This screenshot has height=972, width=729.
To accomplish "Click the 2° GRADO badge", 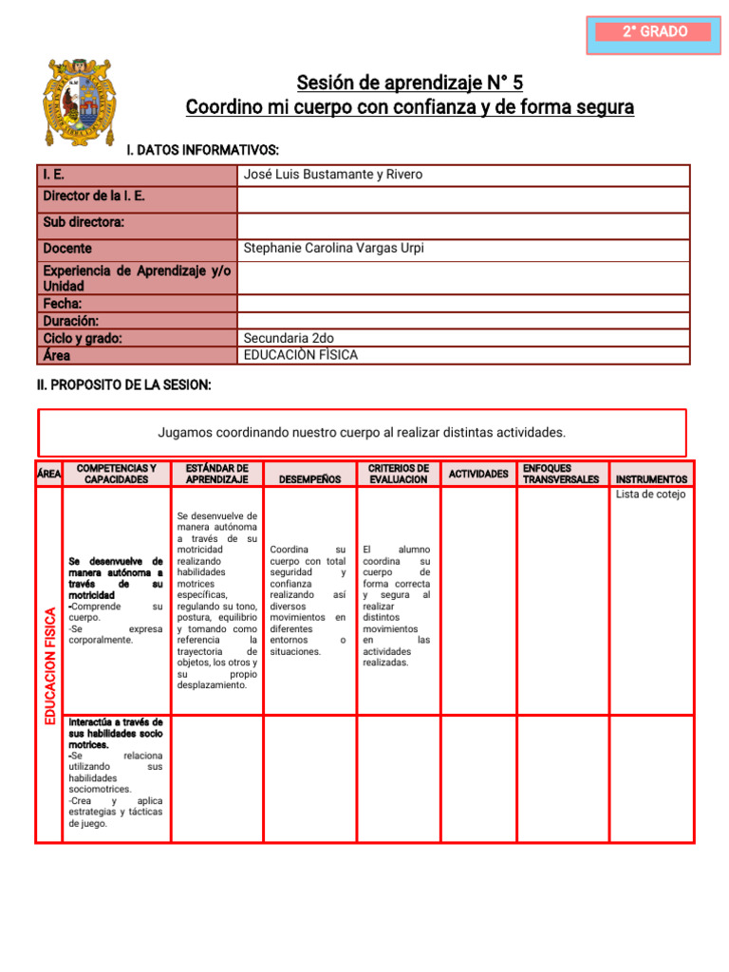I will [x=654, y=32].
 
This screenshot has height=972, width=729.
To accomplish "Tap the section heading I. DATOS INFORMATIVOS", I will [x=203, y=150].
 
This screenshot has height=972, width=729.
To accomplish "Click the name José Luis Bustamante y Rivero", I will [x=333, y=175].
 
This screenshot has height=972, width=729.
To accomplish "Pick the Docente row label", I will [x=67, y=249].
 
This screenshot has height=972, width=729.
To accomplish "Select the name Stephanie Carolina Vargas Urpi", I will [x=333, y=249].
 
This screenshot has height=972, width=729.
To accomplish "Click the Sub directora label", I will [x=84, y=223].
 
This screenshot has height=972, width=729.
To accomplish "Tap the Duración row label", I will [x=70, y=321].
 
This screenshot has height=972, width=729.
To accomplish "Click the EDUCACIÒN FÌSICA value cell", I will [x=301, y=355].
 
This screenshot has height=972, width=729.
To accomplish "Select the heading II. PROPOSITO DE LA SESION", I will [x=123, y=384].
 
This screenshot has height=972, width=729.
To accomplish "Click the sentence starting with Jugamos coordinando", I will [x=362, y=433].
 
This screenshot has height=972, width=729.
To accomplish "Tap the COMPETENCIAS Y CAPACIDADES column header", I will [x=116, y=474].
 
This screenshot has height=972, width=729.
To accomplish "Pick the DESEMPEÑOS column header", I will [x=310, y=479].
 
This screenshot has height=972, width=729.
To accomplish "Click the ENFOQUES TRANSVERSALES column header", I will [x=561, y=474].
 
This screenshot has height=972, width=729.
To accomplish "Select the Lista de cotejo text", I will [x=650, y=495].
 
